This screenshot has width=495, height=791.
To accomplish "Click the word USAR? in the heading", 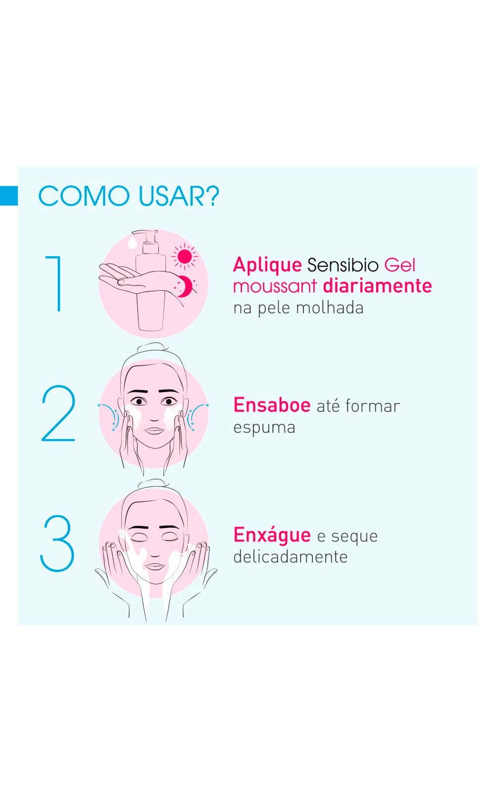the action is pyautogui.click(x=179, y=196).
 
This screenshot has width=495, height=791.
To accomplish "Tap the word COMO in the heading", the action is pyautogui.click(x=84, y=196).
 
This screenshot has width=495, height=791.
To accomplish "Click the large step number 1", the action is pyautogui.click(x=56, y=284).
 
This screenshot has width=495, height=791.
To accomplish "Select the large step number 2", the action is pyautogui.click(x=58, y=413).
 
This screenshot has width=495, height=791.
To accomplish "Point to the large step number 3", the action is pyautogui.click(x=57, y=543).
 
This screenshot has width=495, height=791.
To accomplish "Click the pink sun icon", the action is pyautogui.click(x=185, y=257).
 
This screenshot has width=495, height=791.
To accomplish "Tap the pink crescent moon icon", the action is pyautogui.click(x=185, y=286).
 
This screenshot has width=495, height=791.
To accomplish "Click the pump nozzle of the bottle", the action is pyautogui.click(x=145, y=234).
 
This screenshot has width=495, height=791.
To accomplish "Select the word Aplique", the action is pyautogui.click(x=267, y=266).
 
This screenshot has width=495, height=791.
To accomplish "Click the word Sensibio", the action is pyautogui.click(x=343, y=265).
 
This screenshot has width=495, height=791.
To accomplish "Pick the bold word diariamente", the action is pyautogui.click(x=378, y=286).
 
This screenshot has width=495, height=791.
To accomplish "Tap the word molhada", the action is pyautogui.click(x=330, y=308).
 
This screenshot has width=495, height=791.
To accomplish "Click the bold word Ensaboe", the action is pyautogui.click(x=272, y=405).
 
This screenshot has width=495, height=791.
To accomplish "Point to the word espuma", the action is pyautogui.click(x=264, y=428).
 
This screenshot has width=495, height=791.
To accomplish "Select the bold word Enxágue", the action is pyautogui.click(x=272, y=535).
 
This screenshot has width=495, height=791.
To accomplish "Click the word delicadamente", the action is pyautogui.click(x=291, y=557).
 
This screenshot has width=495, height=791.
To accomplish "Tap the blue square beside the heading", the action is pyautogui.click(x=9, y=196).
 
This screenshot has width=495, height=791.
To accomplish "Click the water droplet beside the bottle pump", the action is pyautogui.click(x=133, y=242).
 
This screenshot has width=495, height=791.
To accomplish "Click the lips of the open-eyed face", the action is pyautogui.click(x=154, y=431).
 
